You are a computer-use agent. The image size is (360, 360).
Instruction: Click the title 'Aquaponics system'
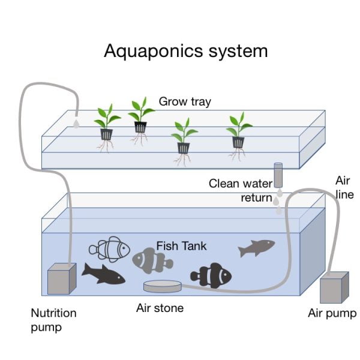point(185,50)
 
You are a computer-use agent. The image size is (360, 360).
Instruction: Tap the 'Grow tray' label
point(185,101)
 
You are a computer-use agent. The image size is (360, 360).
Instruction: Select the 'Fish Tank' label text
point(182,245)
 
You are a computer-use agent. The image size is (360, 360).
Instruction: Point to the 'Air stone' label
point(160,308)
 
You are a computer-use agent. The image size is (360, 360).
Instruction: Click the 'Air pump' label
point(332,313)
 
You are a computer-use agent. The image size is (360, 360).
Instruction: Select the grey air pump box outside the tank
point(334,287)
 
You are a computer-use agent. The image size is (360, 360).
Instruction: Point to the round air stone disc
point(162,286)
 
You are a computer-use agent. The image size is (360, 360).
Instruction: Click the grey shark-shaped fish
point(256,247)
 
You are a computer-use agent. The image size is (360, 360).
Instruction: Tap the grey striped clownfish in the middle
point(152,260)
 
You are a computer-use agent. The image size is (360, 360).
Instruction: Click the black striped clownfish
point(211,275)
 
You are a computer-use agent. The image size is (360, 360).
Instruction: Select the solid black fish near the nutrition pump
point(103,274)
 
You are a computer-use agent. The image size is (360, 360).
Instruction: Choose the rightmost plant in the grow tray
point(238,132)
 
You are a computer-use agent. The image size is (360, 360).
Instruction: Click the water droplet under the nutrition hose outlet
point(77,123)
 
